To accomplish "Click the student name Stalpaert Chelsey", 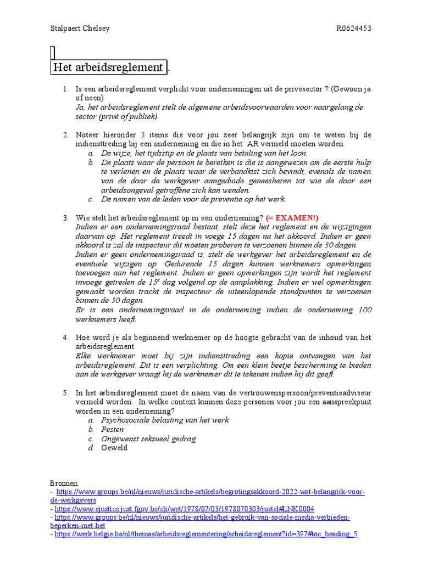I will coord(80,29).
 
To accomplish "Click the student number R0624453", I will coord(354,29).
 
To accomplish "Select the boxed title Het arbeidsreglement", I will coord(108,68).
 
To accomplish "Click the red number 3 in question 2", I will coord(142,134).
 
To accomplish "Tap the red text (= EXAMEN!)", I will coord(292,218).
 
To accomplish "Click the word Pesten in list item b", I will coord(113,429).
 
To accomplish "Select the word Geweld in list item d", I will coord(114,448).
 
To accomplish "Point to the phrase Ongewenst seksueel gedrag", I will coord(148,439).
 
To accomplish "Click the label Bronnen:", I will coord(64,482).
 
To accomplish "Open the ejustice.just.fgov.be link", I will coord(184,509).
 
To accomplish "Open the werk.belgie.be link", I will coord(206,533).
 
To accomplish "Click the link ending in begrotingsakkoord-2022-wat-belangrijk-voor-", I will coord(210,492).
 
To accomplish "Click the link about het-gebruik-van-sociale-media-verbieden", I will coord(202,517).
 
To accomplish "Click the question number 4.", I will coord(65,337).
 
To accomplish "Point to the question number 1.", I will coord(65,88).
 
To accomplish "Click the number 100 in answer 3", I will coord(364,310).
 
